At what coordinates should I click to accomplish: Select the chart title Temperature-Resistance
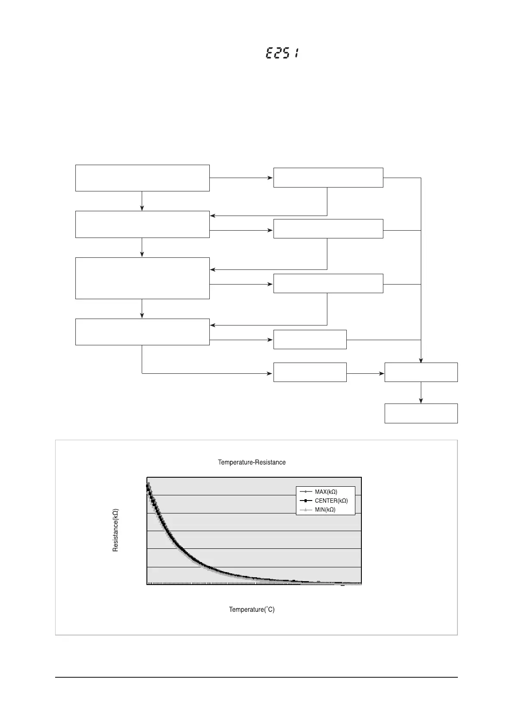252,462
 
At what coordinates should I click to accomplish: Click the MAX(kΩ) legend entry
326,492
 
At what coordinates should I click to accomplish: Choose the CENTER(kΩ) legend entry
331,501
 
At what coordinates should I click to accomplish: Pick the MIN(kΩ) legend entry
325,510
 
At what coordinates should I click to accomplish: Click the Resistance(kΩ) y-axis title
115,530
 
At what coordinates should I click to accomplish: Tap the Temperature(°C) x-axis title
252,609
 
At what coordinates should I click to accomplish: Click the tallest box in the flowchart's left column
142,278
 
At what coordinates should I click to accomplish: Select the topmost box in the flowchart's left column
142,178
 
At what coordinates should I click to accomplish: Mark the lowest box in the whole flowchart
421,413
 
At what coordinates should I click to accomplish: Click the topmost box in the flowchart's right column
328,178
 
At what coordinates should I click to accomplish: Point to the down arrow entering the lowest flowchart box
421,400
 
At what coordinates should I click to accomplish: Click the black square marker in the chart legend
305,501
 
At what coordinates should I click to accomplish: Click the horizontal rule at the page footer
256,677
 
